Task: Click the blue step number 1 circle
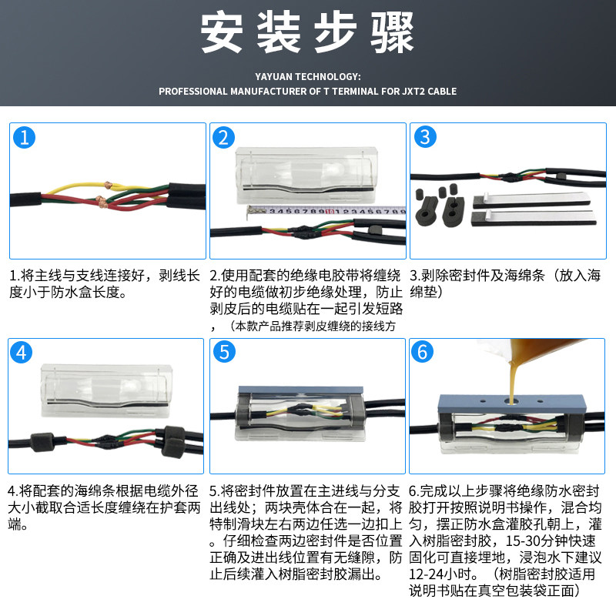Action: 25,138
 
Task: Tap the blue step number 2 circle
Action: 223,138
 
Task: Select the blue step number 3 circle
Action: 425,137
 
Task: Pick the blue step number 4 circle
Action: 22,353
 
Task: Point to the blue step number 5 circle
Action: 224,352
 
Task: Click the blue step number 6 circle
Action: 422,352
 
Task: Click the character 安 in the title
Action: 222,32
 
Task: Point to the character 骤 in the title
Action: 392,32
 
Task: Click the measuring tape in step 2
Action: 326,211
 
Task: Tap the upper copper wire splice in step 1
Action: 108,185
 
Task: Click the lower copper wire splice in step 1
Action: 101,201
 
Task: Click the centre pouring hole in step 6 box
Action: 511,401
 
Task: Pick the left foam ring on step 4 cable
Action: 42,442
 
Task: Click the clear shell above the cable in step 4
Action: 106,391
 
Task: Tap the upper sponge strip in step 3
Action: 532,200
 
